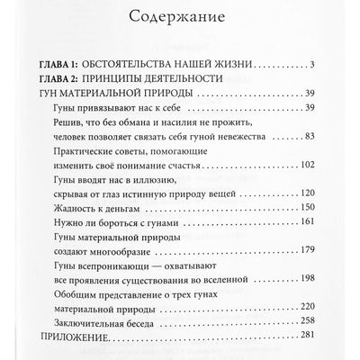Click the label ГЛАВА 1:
[67, 65]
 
